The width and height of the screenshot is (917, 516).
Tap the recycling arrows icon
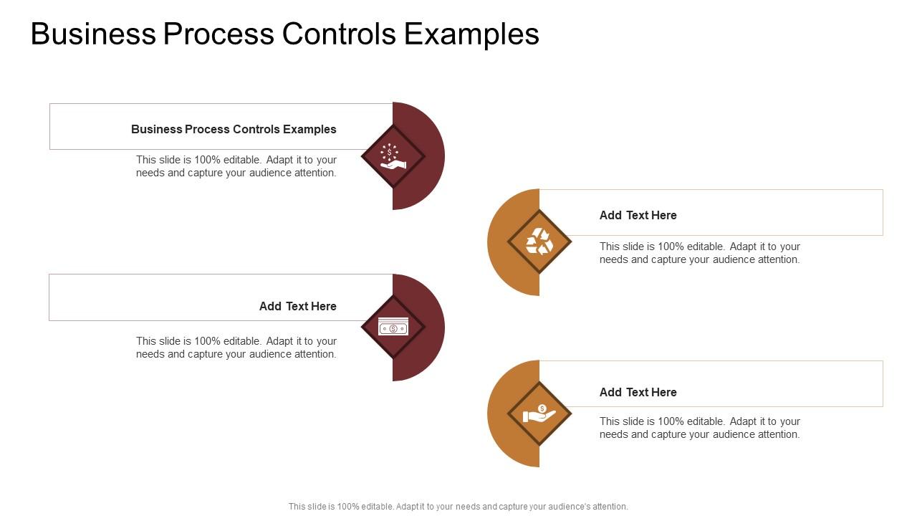click(x=539, y=242)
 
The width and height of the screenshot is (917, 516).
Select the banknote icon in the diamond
click(x=393, y=328)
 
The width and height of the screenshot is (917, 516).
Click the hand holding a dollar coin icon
click(x=539, y=414)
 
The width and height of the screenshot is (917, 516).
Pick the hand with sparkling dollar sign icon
click(x=393, y=156)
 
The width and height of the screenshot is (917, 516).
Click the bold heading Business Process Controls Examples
click(x=234, y=129)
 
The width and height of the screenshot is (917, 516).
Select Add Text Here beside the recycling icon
click(x=638, y=215)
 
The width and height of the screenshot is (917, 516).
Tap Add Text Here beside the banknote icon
click(x=297, y=306)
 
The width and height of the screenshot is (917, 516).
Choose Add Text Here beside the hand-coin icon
click(x=638, y=392)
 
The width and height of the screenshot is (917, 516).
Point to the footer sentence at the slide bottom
click(x=458, y=506)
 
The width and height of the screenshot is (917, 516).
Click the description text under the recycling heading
click(x=699, y=253)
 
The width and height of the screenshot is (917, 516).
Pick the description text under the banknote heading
click(x=236, y=348)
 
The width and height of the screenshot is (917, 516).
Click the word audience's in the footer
click(x=567, y=506)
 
